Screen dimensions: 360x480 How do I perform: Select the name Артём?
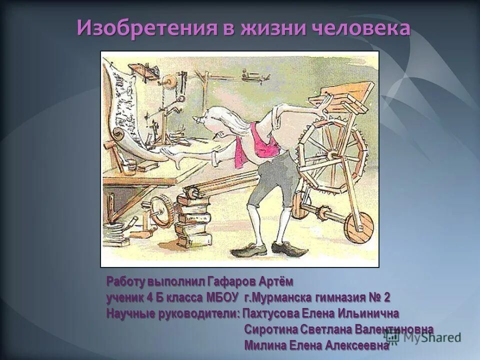(x=275, y=281)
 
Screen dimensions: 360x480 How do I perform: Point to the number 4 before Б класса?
(x=149, y=298)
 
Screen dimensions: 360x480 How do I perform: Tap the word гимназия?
(x=340, y=298)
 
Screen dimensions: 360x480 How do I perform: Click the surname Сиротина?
(x=271, y=329)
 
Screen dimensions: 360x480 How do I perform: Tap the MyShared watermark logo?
(x=422, y=337)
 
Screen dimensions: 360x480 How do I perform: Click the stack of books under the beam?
(x=192, y=215)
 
